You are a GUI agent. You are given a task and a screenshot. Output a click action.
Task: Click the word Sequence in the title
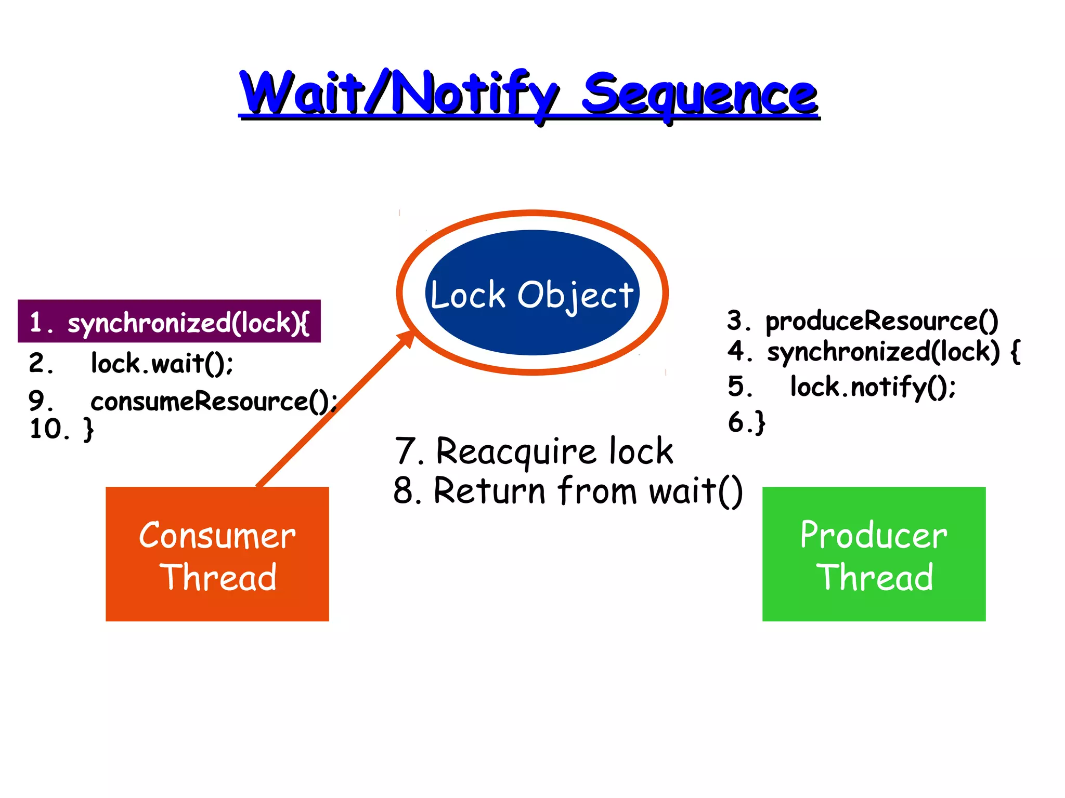pos(699,95)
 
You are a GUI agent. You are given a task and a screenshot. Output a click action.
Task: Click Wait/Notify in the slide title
pos(398,94)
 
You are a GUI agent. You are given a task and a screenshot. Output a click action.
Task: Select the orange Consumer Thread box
pos(217,554)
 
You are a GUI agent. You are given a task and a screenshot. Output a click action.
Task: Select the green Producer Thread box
pos(874,554)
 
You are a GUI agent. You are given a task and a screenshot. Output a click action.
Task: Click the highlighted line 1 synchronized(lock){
pos(170,322)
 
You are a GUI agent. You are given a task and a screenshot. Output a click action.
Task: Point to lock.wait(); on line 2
pos(162,363)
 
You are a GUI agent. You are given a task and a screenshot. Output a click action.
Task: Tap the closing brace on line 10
pos(89,430)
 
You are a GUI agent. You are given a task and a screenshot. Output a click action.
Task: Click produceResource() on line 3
pos(881,321)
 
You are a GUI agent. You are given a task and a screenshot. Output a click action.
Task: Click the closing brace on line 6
pos(760,422)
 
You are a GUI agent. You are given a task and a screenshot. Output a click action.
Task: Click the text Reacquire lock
pos(554,451)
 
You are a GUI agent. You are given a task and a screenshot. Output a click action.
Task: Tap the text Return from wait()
pos(588,491)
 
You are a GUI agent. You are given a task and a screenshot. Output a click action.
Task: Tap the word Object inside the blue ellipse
pos(575,296)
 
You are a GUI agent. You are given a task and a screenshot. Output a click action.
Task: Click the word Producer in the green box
pos(874,535)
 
